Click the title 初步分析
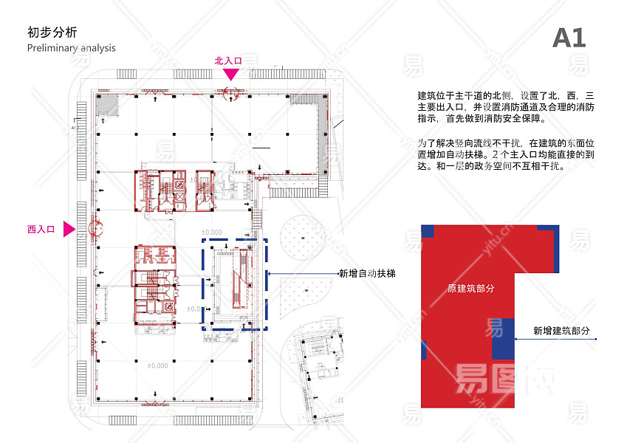(51, 32)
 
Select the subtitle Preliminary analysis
(71, 48)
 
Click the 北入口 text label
(228, 61)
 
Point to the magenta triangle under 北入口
(230, 74)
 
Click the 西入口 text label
(41, 230)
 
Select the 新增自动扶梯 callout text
(367, 273)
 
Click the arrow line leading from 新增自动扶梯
(303, 273)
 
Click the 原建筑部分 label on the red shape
(470, 288)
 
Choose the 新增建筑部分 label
(562, 332)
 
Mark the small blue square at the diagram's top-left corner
(427, 230)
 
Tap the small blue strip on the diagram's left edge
(424, 350)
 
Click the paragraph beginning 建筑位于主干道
(506, 107)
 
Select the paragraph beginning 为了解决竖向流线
(506, 154)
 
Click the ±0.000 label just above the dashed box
(211, 232)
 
